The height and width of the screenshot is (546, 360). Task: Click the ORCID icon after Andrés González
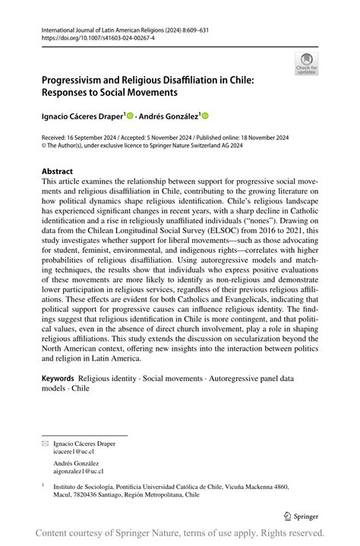(204, 116)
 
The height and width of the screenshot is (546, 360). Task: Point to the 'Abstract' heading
(58, 172)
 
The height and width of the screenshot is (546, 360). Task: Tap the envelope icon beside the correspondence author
(46, 439)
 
